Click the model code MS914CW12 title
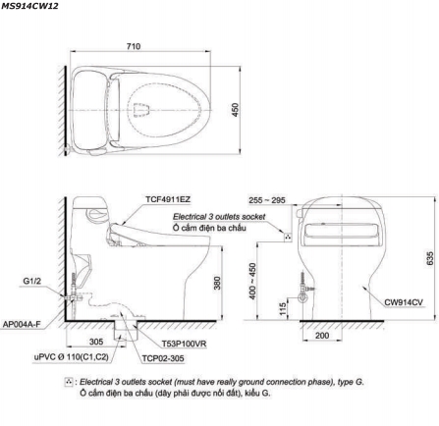pos(29,6)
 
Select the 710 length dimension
pos(134,46)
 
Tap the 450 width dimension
pos(235,110)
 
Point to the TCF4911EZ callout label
pos(168,199)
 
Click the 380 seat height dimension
pos(217,283)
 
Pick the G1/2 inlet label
pos(32,281)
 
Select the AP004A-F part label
pos(22,324)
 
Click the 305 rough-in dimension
pos(96,342)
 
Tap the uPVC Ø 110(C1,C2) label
pos(71,357)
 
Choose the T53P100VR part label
pos(184,344)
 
